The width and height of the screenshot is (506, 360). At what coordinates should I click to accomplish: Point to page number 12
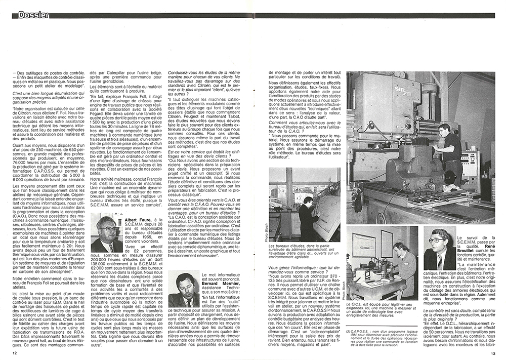(x=15, y=353)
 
